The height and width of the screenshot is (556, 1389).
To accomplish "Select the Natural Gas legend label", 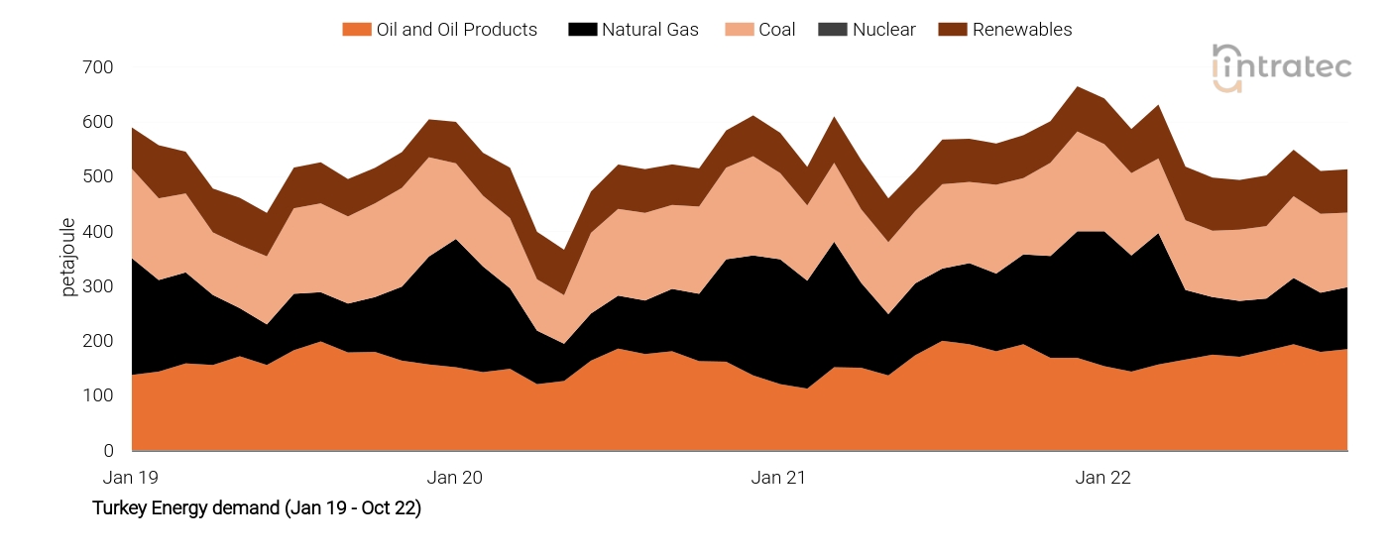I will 649,30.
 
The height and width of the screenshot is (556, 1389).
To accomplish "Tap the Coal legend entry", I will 776,30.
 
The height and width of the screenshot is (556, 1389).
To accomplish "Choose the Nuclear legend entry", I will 881,30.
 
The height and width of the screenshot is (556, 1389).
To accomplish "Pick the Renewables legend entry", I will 1021,30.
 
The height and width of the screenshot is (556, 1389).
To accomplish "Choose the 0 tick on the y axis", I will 108,451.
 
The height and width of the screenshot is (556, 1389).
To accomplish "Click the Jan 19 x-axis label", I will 131,478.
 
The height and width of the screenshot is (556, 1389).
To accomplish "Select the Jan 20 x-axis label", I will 454,478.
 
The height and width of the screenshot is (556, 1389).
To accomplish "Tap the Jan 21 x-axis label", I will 778,478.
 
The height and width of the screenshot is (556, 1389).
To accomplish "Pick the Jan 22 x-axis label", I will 1102,478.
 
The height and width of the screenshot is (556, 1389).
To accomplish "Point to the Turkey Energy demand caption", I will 256,508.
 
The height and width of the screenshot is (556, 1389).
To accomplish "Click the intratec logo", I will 1281,67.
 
